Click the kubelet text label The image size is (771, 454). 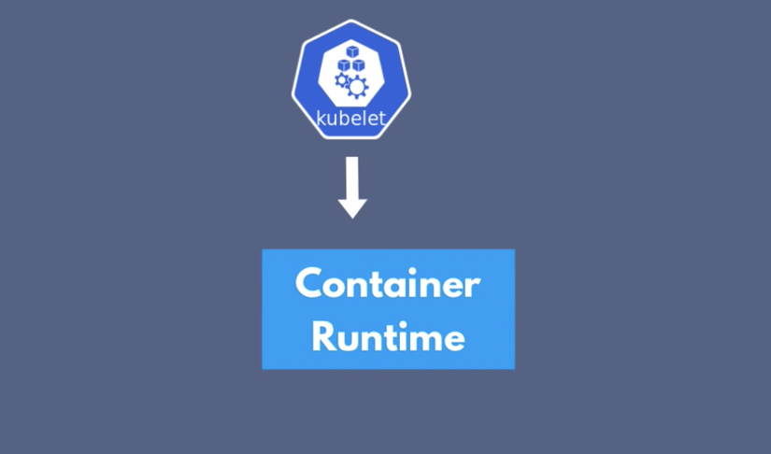click(351, 119)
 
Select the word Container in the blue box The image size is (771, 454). click(388, 283)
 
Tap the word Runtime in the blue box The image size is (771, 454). click(389, 336)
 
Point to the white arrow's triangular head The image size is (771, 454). click(352, 208)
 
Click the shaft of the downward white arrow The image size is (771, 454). click(352, 177)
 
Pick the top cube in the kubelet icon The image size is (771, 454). click(352, 51)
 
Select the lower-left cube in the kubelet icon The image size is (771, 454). click(344, 64)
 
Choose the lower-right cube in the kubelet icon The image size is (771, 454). click(359, 64)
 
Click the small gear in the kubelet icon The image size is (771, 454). click(342, 80)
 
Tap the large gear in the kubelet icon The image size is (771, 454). click(358, 88)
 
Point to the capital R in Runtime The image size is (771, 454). click(322, 336)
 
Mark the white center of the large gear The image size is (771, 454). click(358, 88)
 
